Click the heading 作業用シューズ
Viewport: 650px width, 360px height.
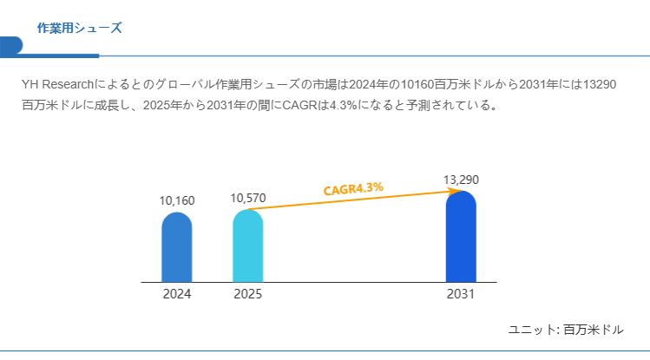[x=79, y=28]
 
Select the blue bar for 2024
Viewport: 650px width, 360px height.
[x=177, y=248]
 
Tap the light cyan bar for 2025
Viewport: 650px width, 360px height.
[x=248, y=246]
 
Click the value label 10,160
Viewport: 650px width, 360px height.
[x=177, y=200]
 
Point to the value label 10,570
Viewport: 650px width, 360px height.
[x=248, y=198]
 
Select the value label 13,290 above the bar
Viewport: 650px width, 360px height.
[x=461, y=180]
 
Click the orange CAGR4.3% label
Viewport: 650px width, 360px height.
[x=353, y=188]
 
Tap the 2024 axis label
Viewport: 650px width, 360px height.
[x=177, y=294]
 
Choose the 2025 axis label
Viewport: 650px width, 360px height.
[x=248, y=294]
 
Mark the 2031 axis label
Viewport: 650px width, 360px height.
[x=461, y=294]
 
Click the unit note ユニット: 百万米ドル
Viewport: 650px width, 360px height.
[x=565, y=330]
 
